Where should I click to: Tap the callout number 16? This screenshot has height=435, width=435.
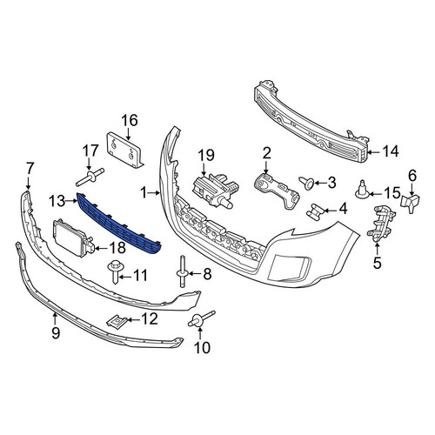point(130,120)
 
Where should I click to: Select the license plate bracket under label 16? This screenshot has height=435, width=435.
point(124,150)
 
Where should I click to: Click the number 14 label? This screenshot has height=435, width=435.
point(390,151)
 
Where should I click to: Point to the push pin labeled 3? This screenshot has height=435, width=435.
point(306,183)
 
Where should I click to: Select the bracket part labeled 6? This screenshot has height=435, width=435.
point(411,202)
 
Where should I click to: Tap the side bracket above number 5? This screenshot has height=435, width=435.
point(381,224)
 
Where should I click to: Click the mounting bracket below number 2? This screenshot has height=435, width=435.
point(276,191)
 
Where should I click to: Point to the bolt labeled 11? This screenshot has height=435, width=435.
point(115,271)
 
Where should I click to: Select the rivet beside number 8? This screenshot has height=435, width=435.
point(183,271)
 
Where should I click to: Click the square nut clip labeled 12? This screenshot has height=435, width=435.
point(117,320)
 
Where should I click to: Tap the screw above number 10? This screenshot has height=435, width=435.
point(202,319)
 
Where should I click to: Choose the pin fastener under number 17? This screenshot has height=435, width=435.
point(90,177)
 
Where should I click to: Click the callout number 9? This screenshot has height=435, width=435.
point(56,333)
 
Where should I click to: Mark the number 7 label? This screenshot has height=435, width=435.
point(30,169)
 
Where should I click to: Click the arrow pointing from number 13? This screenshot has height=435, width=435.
point(71,201)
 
